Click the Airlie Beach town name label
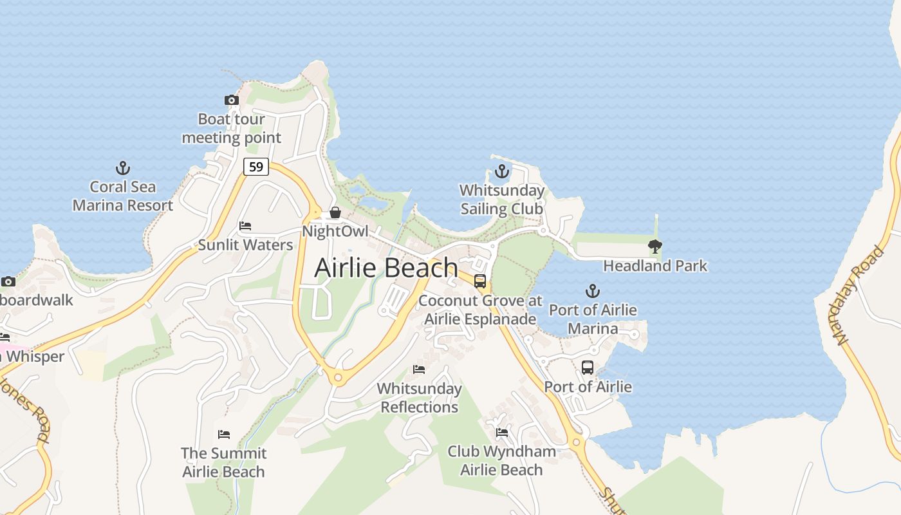pos(386,268)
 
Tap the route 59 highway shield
pos(256,167)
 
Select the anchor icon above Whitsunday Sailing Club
pos(501,171)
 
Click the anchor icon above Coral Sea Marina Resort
pos(122,168)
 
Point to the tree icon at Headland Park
pos(655,246)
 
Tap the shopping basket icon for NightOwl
pos(335,212)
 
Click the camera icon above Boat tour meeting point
pos(231,100)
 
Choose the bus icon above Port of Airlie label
pos(588,368)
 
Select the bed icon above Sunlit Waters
pos(245,225)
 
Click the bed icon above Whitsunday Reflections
pos(419,369)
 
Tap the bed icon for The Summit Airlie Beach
pos(223,434)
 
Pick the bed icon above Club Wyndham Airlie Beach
pos(502,432)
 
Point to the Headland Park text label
pos(655,265)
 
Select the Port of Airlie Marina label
pos(593,319)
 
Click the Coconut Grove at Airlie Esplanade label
pos(481,310)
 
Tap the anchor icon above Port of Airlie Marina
pos(591,291)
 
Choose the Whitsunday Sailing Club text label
pos(501,200)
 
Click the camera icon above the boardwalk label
pos(8,281)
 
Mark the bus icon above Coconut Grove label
pos(480,281)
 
